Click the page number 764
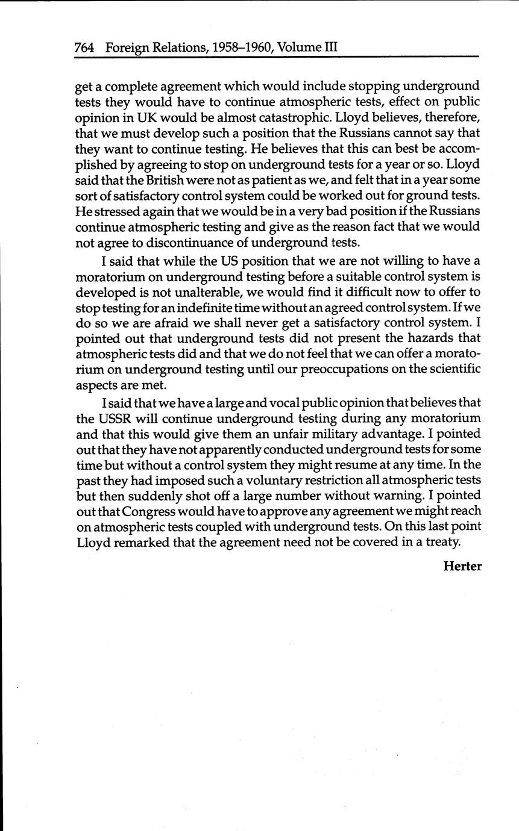[x=84, y=47]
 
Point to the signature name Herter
[x=462, y=566]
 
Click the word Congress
[x=153, y=511]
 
